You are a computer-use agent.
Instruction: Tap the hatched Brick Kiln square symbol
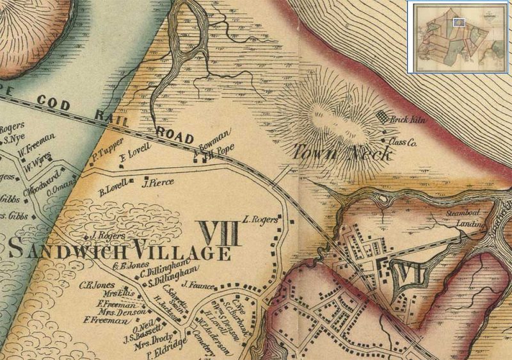[x=383, y=117]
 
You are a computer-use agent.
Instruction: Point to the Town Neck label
[x=334, y=152]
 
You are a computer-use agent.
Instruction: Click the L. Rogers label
[x=261, y=219]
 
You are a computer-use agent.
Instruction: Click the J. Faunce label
[x=196, y=284]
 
